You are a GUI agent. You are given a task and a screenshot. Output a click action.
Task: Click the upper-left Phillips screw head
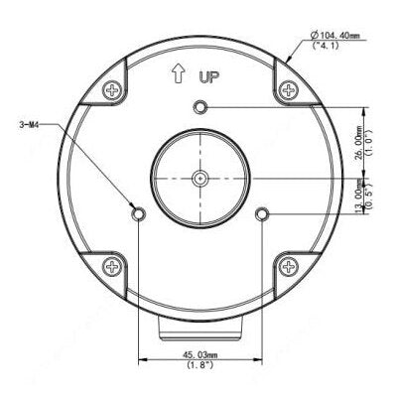[112, 90]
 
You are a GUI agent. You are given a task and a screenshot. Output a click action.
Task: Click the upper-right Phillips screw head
[289, 89]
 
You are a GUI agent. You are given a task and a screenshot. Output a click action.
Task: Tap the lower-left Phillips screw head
[112, 267]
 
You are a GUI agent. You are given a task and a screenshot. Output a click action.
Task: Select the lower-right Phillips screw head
[289, 267]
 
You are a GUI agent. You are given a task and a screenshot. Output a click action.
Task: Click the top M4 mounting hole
[199, 107]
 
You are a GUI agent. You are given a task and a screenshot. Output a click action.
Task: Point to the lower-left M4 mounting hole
[138, 214]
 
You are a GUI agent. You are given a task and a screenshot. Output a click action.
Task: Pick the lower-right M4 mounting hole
[262, 214]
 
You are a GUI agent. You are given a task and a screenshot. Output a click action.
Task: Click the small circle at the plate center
[200, 179]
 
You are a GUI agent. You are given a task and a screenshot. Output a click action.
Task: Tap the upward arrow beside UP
[179, 73]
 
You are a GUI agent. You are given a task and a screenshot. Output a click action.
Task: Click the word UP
[209, 77]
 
